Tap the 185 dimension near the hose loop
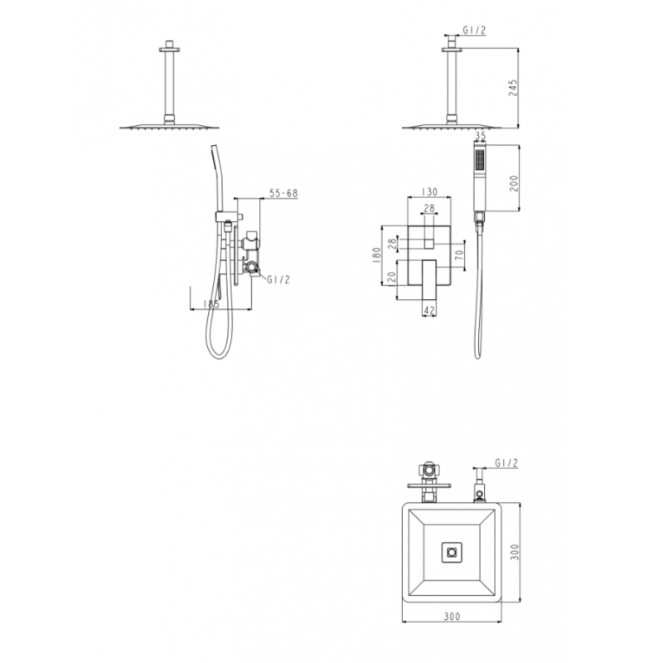(211, 305)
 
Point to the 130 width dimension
(429, 191)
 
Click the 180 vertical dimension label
(377, 254)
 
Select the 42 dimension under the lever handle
(429, 311)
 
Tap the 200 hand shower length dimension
(514, 183)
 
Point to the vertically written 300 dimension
(514, 552)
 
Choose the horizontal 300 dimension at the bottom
(452, 617)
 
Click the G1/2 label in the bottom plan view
(506, 464)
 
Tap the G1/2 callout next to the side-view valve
(278, 279)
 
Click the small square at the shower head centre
(452, 552)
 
